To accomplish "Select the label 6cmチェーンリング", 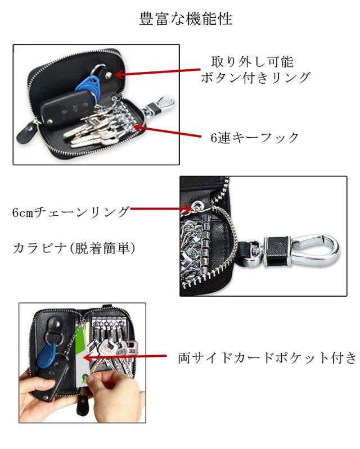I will pos(71,212).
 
